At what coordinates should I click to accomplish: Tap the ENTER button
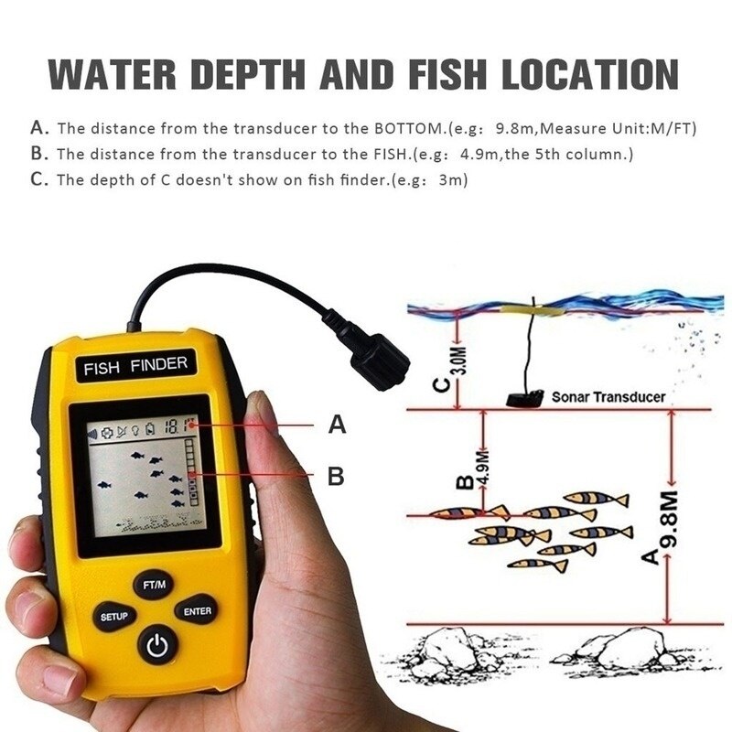tap(197, 611)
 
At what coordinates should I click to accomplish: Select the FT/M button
tap(154, 583)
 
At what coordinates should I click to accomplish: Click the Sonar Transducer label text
tap(608, 397)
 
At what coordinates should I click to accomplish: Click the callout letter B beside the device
tap(336, 476)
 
